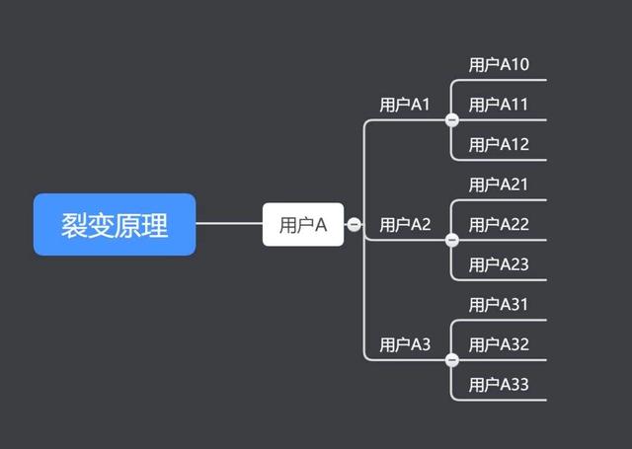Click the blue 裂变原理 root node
pos(115,225)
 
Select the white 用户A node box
pos(303,225)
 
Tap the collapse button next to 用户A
pos(354,225)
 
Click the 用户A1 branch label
pos(405,105)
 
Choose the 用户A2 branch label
pos(405,225)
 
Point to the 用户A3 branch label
pos(405,344)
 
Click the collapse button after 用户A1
pos(452,120)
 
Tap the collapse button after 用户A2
pos(452,240)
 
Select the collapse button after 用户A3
pos(452,360)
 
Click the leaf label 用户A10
pos(499,65)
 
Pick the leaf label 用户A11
pos(499,105)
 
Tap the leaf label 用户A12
pos(499,145)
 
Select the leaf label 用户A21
pos(499,185)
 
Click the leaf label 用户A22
pos(499,225)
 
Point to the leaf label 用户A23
pos(499,264)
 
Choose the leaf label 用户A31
pos(499,305)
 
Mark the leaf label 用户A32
pos(499,344)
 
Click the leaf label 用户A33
pos(499,385)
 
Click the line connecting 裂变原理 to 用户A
pos(229,224)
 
